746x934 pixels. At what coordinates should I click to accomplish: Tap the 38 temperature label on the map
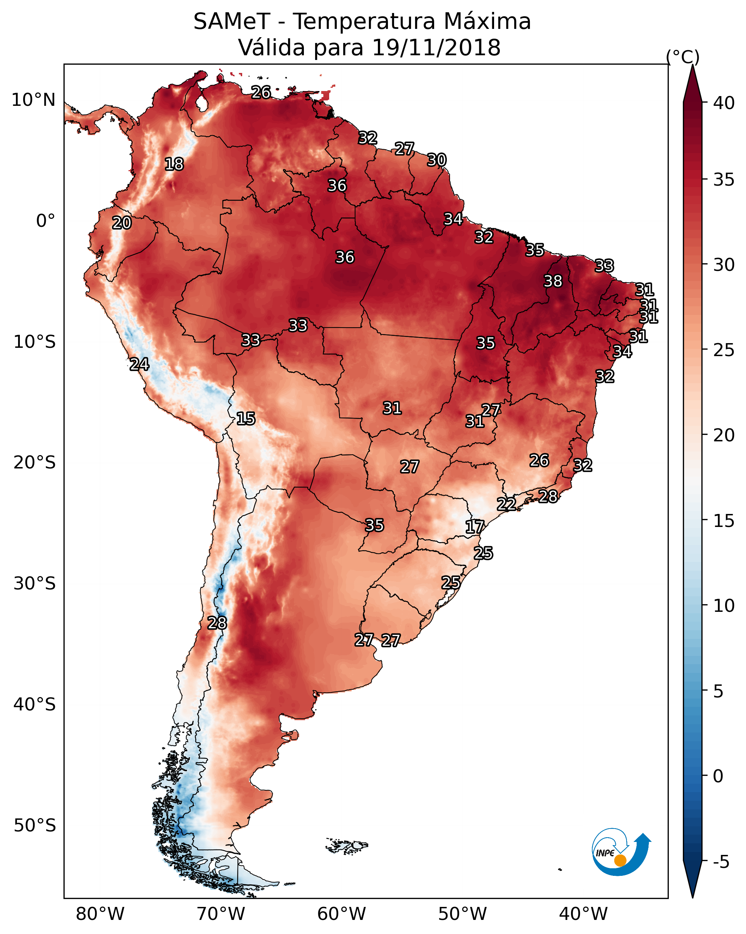[x=553, y=281]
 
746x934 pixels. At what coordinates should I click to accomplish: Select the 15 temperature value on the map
[x=245, y=419]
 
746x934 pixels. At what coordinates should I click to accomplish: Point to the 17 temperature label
[x=475, y=527]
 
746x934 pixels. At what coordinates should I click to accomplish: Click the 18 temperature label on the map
[x=174, y=164]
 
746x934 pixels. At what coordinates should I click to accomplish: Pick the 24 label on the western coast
[x=139, y=364]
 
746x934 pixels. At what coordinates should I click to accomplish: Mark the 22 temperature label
[x=506, y=504]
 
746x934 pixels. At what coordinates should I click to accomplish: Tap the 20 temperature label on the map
[x=122, y=223]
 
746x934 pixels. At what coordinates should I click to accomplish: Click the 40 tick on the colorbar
[x=724, y=103]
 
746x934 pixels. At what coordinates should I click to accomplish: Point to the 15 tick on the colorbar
[x=724, y=521]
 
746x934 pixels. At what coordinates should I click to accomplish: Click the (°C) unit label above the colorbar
[x=683, y=57]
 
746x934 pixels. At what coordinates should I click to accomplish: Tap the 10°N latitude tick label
[x=33, y=100]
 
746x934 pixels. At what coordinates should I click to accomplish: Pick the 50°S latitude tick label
[x=35, y=825]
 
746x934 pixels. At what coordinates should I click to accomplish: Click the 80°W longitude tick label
[x=100, y=914]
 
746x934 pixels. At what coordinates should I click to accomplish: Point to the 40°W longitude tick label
[x=583, y=914]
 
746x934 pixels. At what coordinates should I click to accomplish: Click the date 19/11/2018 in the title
[x=436, y=47]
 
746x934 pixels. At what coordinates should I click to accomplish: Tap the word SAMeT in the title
[x=232, y=21]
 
